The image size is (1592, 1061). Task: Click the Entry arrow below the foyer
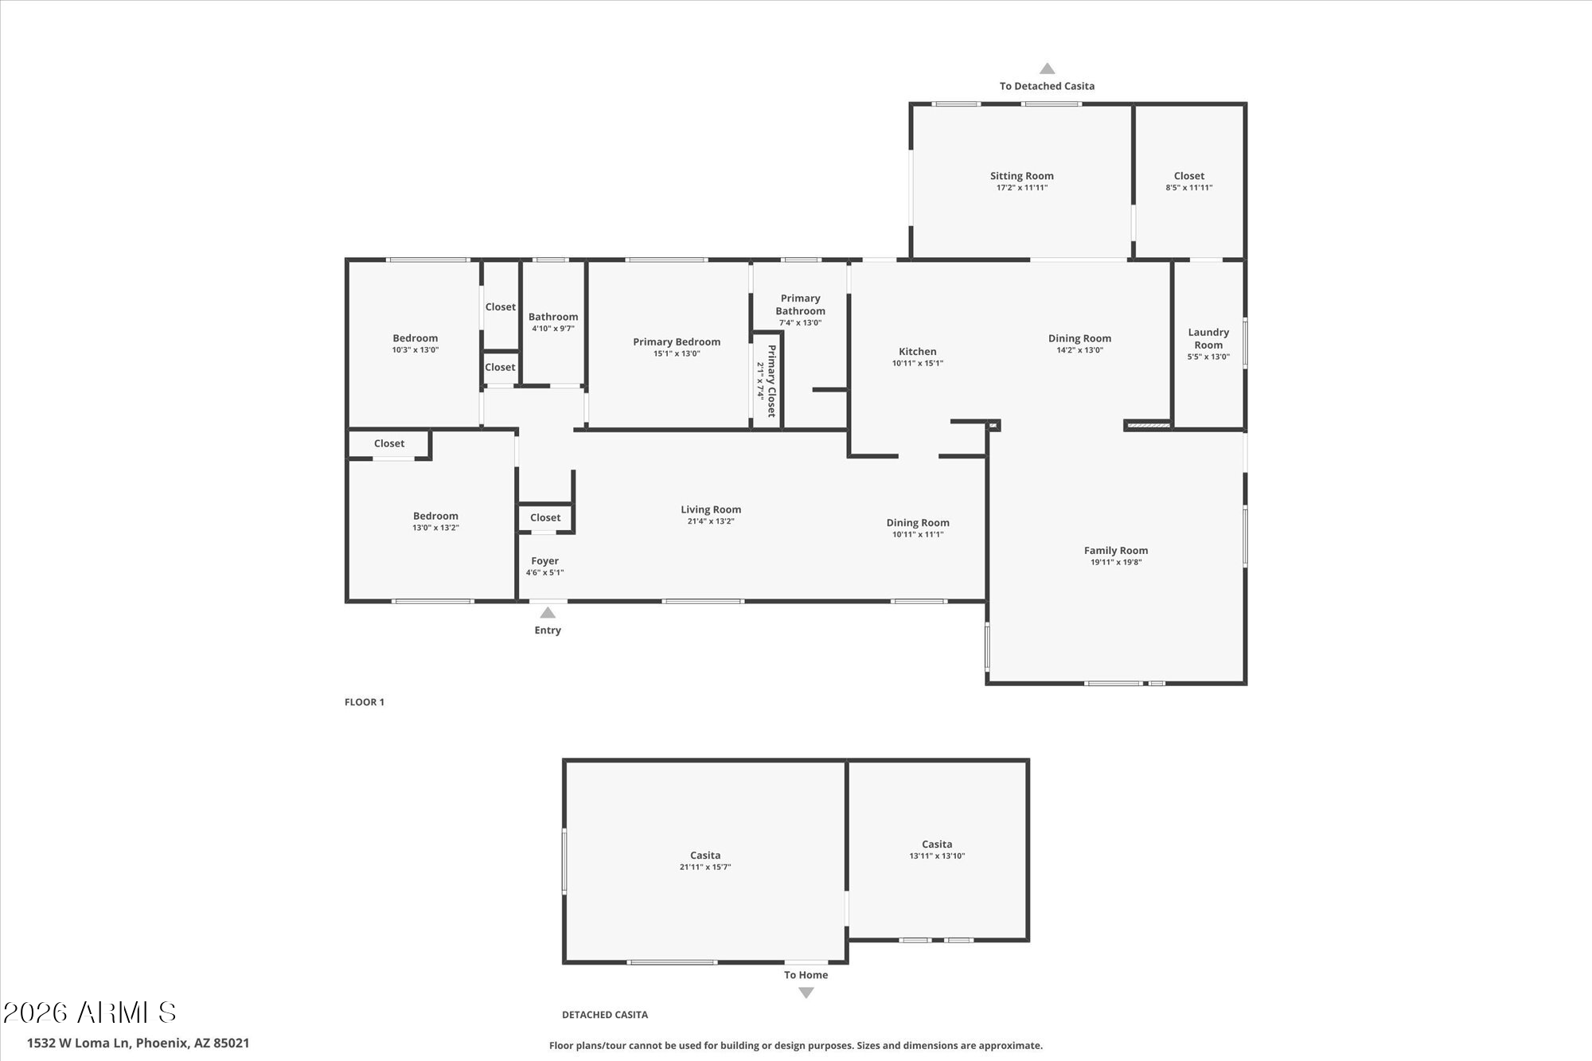(x=548, y=613)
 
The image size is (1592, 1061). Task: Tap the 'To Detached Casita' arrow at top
(x=1048, y=69)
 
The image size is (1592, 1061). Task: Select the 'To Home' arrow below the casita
(x=806, y=993)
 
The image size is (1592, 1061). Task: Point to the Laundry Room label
(x=1208, y=338)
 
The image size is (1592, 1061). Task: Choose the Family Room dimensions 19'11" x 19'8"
(x=1116, y=562)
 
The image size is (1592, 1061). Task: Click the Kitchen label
(x=918, y=351)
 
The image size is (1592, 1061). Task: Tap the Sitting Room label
(x=1022, y=176)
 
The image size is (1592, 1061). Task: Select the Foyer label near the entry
(x=545, y=561)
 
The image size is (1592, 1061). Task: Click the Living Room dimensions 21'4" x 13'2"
(x=711, y=521)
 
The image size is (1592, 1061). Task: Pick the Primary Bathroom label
(x=800, y=305)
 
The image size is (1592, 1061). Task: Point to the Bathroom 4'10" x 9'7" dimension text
(x=553, y=328)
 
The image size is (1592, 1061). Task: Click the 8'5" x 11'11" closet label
(x=1189, y=188)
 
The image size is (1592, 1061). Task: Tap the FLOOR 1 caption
(x=365, y=702)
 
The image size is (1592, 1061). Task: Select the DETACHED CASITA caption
(x=605, y=1015)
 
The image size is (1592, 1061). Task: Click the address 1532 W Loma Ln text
(x=138, y=1043)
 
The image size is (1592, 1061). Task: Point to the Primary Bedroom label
(x=677, y=341)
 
